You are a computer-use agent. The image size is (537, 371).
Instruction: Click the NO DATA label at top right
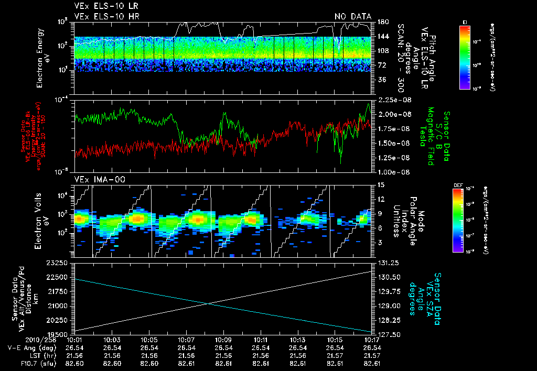tap(353, 16)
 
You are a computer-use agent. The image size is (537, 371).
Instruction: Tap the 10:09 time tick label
tap(223, 340)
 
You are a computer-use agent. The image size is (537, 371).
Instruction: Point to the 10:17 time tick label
tap(371, 340)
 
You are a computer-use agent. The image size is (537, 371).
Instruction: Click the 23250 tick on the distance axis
tap(59, 262)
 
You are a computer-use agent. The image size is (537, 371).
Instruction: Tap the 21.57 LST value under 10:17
tap(371, 355)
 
